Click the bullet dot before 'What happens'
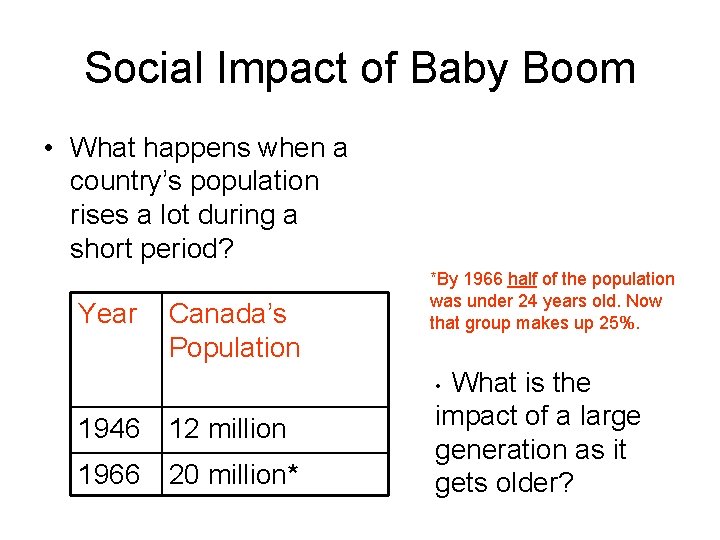(x=48, y=149)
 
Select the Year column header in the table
(x=107, y=314)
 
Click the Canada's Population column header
(x=234, y=331)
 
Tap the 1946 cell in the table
(x=109, y=429)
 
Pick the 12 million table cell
(x=228, y=429)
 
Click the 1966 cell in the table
(x=109, y=475)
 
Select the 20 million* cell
(x=234, y=475)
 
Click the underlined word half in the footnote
(x=523, y=279)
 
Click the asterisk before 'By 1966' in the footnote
(x=433, y=277)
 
